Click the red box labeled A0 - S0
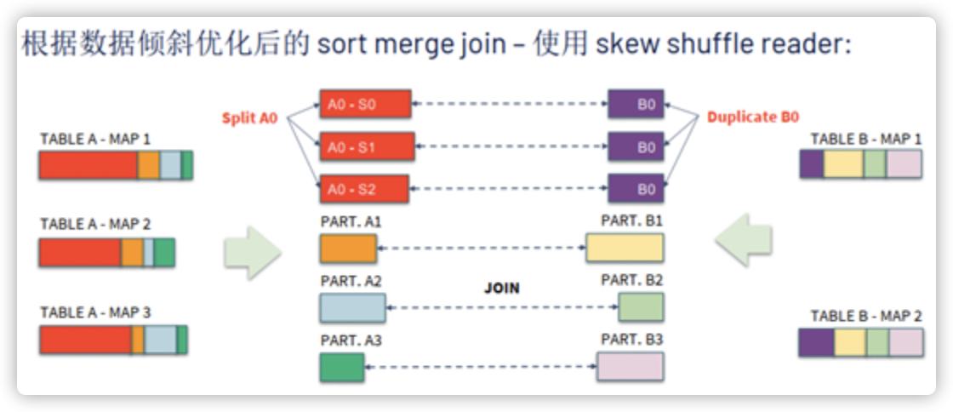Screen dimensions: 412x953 pyautogui.click(x=365, y=104)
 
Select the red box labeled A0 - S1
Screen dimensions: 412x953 pyautogui.click(x=367, y=146)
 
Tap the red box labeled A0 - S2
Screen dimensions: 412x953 pyautogui.click(x=365, y=189)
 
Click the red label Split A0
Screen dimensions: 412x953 pyautogui.click(x=250, y=118)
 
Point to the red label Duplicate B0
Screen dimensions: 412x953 pyautogui.click(x=753, y=117)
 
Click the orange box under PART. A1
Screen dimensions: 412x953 pyautogui.click(x=348, y=248)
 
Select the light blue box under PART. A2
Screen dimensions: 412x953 pyautogui.click(x=353, y=307)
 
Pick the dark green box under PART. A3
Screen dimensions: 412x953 pyautogui.click(x=342, y=366)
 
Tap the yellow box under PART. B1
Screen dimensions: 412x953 pyautogui.click(x=625, y=248)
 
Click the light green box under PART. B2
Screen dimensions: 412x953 pyautogui.click(x=641, y=307)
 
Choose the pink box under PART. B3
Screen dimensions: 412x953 pyautogui.click(x=630, y=366)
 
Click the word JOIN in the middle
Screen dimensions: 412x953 pyautogui.click(x=502, y=288)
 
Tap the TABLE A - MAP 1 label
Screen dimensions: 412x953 pyautogui.click(x=95, y=139)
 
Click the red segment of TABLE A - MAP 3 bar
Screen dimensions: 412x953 pyautogui.click(x=85, y=340)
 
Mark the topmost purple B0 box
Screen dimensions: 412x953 pyautogui.click(x=636, y=104)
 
